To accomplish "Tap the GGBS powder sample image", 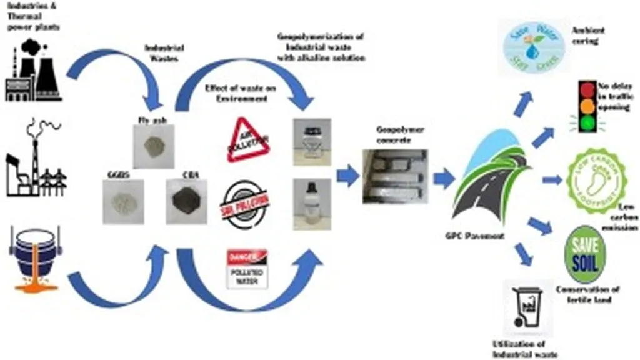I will (122, 201).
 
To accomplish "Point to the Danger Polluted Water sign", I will (247, 269).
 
